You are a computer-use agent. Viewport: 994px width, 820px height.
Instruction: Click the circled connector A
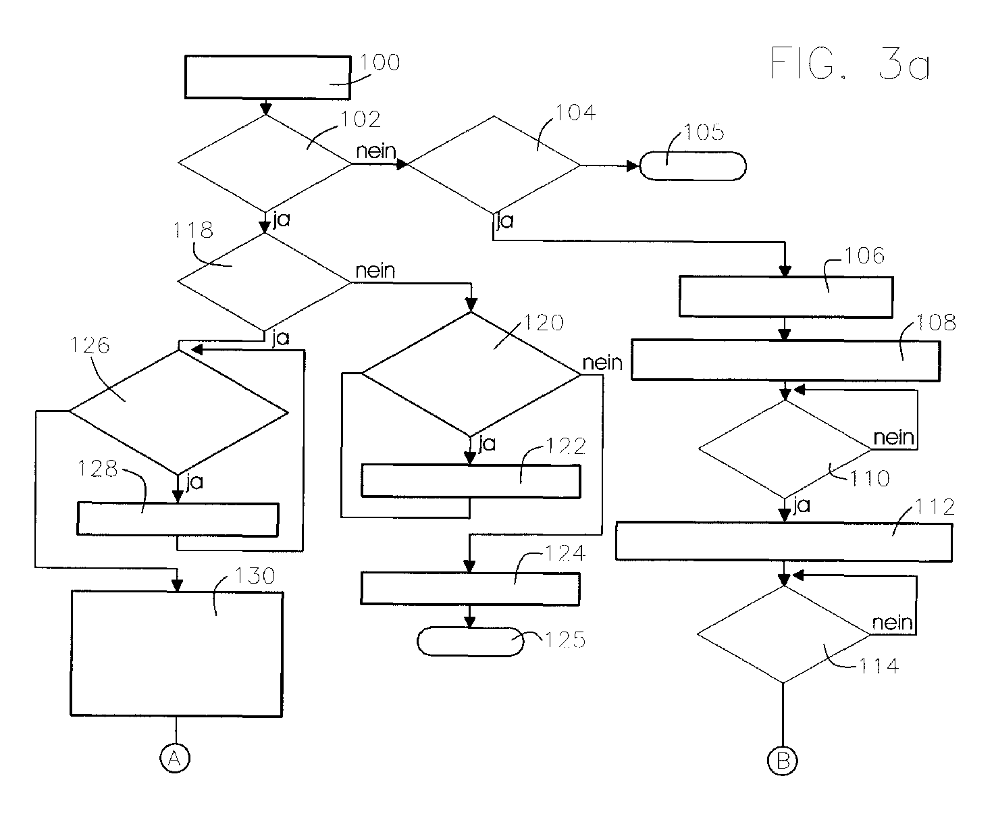(175, 758)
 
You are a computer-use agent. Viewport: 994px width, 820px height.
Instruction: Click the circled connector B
(783, 760)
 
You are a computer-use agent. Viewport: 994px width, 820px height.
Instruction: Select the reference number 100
(380, 62)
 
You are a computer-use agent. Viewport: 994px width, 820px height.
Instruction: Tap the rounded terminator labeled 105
(693, 166)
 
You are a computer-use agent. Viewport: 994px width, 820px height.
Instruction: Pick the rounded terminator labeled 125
(471, 642)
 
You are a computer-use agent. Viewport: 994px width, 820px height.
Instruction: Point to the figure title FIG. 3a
(850, 63)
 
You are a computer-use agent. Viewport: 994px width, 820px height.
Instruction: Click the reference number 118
(193, 230)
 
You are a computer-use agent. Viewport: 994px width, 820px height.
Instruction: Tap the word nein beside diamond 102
(376, 151)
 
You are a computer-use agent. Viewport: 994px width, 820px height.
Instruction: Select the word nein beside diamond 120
(602, 363)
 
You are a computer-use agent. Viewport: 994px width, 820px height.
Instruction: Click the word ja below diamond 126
(194, 482)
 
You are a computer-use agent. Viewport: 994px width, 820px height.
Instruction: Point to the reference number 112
(935, 507)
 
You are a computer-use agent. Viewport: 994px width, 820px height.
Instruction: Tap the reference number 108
(935, 322)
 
